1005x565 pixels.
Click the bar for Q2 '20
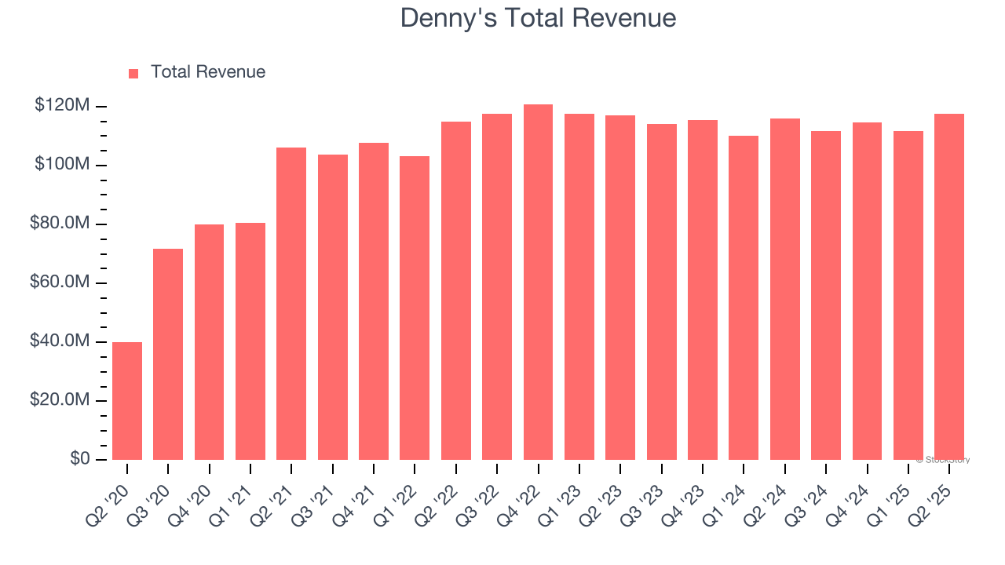tap(127, 401)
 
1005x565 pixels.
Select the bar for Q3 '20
tap(168, 355)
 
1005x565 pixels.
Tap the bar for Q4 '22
tap(538, 282)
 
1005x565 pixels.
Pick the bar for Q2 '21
tap(291, 304)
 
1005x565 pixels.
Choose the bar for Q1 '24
tap(744, 298)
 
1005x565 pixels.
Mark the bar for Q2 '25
tap(949, 287)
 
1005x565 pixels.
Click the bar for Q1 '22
tap(415, 308)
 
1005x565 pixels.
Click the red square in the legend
tap(133, 73)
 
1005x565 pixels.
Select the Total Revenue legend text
tap(208, 72)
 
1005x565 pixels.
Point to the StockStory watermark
tap(943, 460)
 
